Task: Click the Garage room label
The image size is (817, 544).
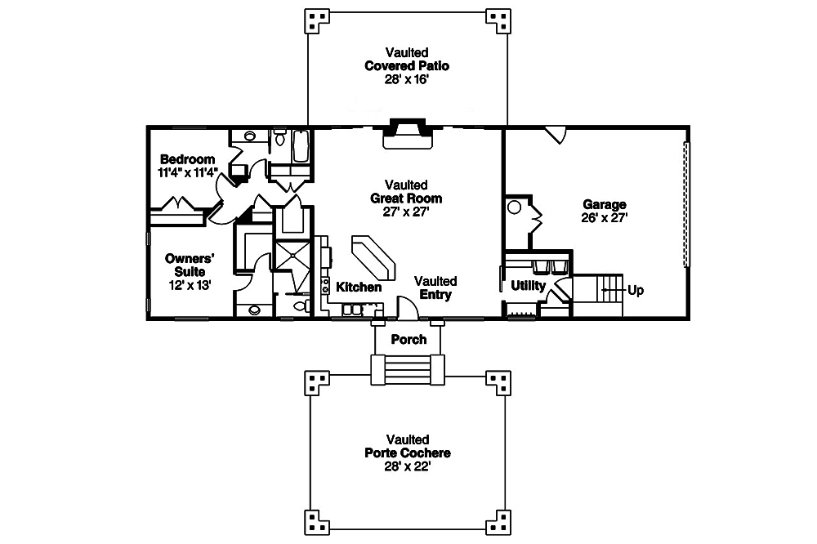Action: coord(604,204)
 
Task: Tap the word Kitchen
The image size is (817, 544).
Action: coord(359,288)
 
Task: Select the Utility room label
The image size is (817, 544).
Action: coord(528,286)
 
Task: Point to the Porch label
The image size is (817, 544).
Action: coord(408,339)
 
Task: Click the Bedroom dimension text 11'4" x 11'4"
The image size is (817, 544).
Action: coord(188,172)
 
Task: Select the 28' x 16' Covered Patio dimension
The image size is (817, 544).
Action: coord(408,79)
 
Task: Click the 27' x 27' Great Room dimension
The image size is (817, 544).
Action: coord(407,212)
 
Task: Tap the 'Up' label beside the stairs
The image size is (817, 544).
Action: coord(636,290)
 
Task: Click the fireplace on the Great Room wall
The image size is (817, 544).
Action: coord(408,134)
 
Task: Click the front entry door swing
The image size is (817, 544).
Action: coord(407,307)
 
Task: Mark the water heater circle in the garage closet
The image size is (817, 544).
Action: coord(515,207)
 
